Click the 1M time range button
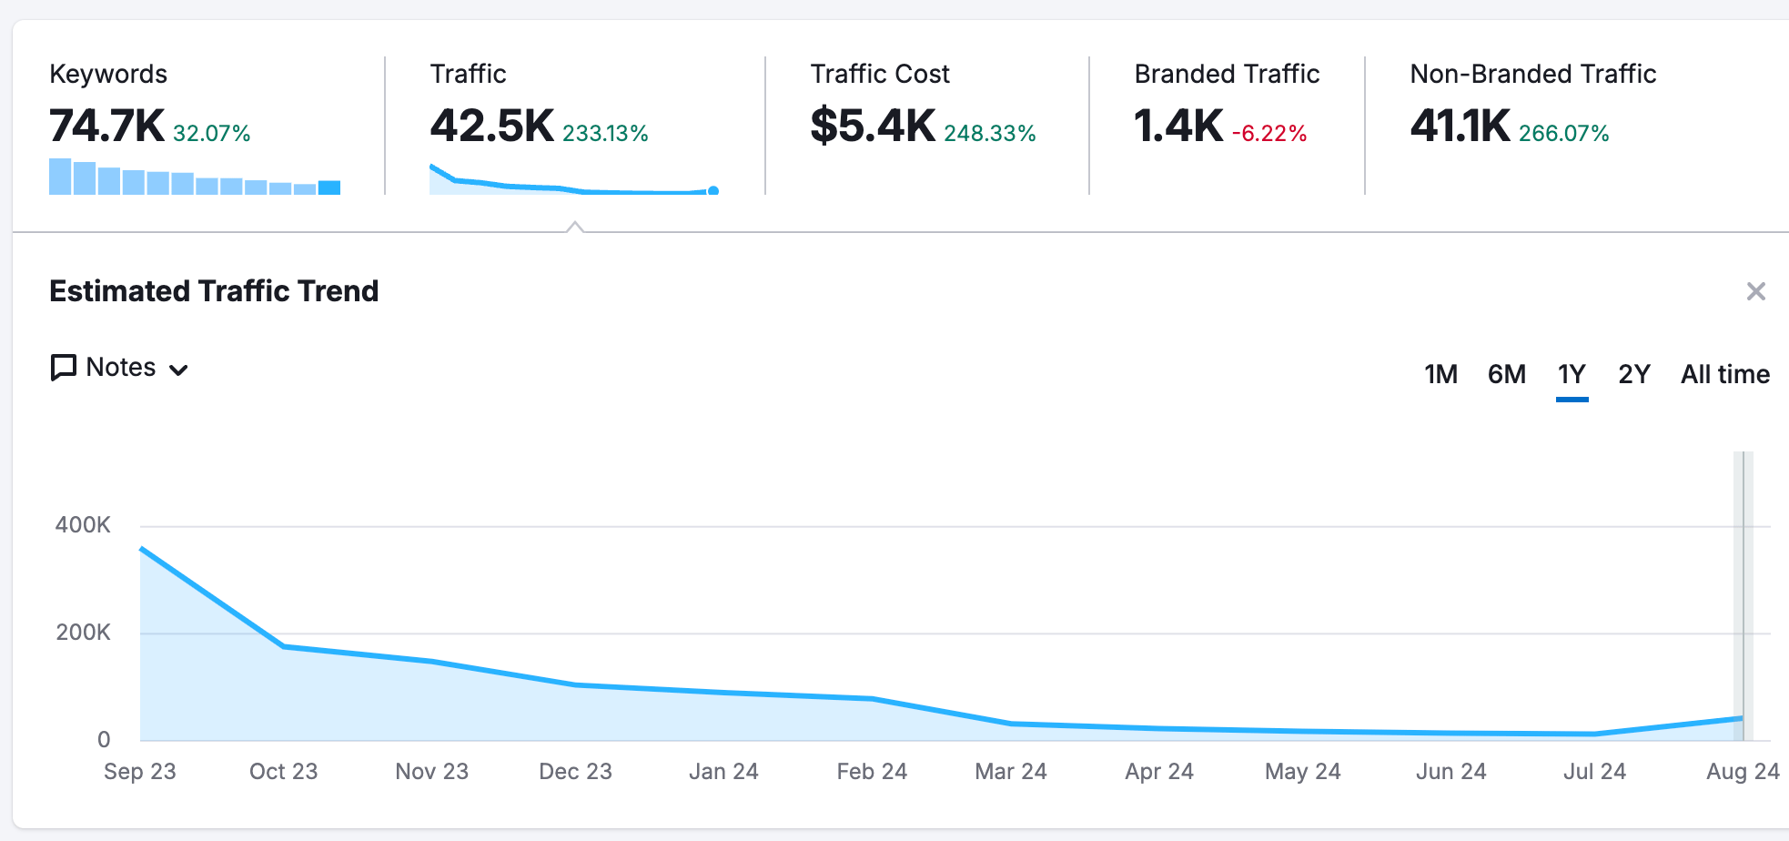(1440, 374)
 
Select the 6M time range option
(1506, 374)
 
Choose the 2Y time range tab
(1633, 374)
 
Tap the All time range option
(1724, 374)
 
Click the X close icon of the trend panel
(1755, 291)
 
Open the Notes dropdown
(120, 368)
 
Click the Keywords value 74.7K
(106, 126)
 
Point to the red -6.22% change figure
(1268, 134)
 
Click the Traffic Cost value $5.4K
(872, 126)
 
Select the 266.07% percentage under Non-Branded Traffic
(1563, 134)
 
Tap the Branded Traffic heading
(1226, 74)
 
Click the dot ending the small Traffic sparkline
(713, 190)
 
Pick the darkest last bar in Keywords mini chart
(329, 187)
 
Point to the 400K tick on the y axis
(83, 525)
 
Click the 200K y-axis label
(83, 633)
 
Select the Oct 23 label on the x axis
(283, 772)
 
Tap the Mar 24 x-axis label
(1010, 772)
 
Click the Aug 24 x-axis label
(1742, 772)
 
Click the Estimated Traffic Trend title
(214, 291)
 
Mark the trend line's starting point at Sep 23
(142, 549)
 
